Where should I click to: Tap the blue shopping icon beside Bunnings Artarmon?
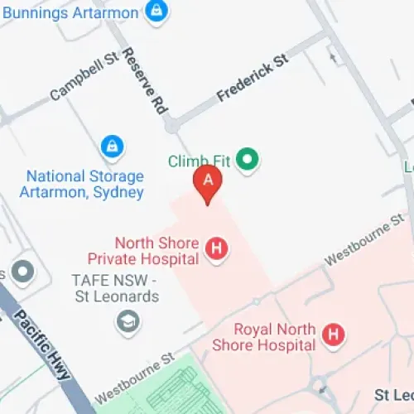[155, 12]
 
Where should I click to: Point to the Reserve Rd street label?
[143, 79]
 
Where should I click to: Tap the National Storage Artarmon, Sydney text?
[84, 184]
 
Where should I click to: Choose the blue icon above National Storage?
[111, 148]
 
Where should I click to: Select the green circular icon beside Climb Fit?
[247, 159]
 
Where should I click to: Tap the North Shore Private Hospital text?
[157, 251]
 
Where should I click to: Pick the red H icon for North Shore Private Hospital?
[217, 248]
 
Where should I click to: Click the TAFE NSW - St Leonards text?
[115, 289]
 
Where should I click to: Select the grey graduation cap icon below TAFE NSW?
[128, 320]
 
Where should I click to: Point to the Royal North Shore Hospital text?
[264, 336]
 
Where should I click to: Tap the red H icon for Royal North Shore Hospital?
[334, 335]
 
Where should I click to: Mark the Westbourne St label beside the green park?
[134, 375]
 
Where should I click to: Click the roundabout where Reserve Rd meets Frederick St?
[171, 126]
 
